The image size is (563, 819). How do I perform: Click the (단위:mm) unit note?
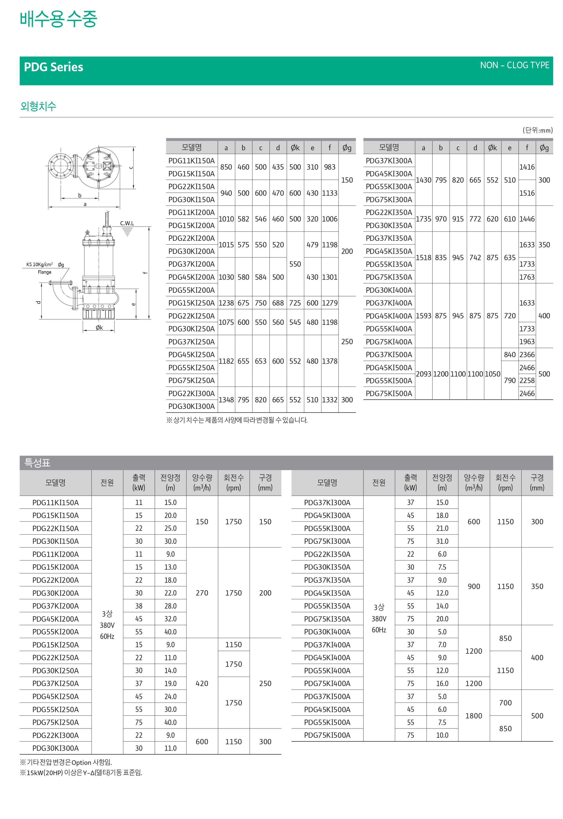click(x=537, y=130)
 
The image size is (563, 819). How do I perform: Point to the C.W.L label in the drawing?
click(x=127, y=223)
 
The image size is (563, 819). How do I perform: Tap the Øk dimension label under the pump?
click(x=99, y=327)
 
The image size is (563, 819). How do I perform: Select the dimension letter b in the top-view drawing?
click(x=80, y=195)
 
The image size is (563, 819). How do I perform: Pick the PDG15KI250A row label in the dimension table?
click(x=191, y=303)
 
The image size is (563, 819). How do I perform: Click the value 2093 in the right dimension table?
click(x=423, y=374)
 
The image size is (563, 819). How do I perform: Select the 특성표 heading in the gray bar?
click(x=37, y=462)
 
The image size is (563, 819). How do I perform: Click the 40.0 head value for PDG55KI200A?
click(x=170, y=632)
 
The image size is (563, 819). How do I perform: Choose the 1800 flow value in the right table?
click(x=473, y=716)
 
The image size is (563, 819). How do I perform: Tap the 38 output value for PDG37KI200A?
click(x=139, y=606)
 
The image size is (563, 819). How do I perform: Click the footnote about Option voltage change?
click(x=66, y=762)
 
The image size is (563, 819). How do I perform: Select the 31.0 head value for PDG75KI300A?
click(x=442, y=541)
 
